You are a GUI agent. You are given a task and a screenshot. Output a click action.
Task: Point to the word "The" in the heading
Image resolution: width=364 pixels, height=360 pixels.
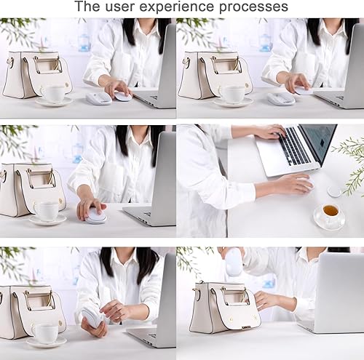(87, 8)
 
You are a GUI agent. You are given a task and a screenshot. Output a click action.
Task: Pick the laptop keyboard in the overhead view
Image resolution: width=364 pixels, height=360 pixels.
(294, 145)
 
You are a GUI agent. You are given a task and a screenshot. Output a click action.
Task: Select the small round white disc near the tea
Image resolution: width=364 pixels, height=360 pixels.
(334, 192)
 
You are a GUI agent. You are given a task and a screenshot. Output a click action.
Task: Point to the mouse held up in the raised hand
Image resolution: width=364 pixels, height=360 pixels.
(234, 263)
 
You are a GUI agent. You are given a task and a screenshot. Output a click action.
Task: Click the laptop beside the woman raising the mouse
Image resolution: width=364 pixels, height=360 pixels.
(336, 291)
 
